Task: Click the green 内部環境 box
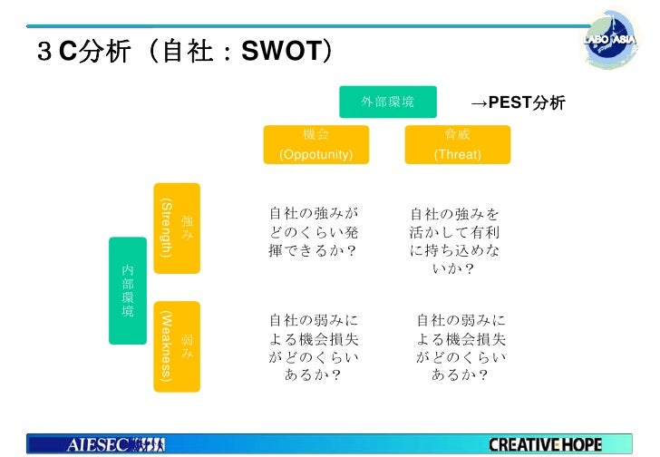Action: (127, 290)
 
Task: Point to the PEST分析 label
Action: (532, 103)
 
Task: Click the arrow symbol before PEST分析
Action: (480, 103)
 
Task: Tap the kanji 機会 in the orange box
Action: (315, 135)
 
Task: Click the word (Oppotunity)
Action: (315, 154)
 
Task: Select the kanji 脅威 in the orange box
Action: (457, 135)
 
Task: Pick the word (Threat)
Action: (457, 154)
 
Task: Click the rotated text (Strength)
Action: (165, 228)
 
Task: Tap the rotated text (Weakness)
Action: (165, 345)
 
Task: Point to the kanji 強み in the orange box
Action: (187, 228)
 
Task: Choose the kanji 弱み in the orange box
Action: (187, 345)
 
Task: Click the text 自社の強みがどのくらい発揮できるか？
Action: (314, 232)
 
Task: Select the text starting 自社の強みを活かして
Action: (455, 241)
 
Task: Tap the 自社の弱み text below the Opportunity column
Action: (314, 346)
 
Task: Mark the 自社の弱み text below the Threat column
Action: (460, 346)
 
